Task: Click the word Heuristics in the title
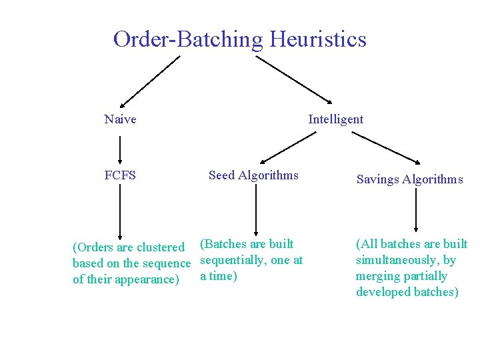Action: pyautogui.click(x=318, y=39)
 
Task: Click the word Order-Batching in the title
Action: pyautogui.click(x=189, y=39)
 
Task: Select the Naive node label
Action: pyautogui.click(x=120, y=119)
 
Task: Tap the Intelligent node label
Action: pyautogui.click(x=335, y=119)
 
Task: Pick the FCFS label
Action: pyautogui.click(x=120, y=175)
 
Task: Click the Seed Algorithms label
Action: pyautogui.click(x=253, y=175)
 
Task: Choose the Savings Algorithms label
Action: pyautogui.click(x=409, y=179)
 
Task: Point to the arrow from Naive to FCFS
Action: pyautogui.click(x=120, y=149)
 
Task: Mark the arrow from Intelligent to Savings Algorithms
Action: pyautogui.click(x=386, y=147)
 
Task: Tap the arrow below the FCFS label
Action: pyautogui.click(x=120, y=211)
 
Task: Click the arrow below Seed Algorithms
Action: pyautogui.click(x=253, y=209)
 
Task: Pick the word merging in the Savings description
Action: pyautogui.click(x=377, y=276)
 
